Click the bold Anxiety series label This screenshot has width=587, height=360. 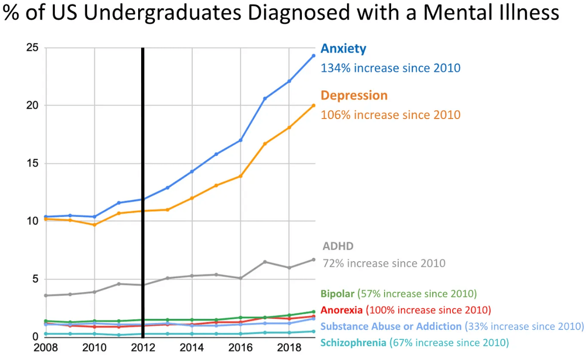click(343, 49)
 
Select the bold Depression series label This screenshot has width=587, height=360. click(354, 96)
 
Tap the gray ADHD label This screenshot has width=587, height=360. click(338, 246)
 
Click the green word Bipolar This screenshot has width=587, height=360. click(337, 294)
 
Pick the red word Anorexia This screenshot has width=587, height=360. click(342, 310)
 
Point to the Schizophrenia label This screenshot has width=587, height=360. click(353, 342)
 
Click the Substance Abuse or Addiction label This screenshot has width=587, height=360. click(391, 326)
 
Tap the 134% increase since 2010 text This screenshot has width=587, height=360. click(391, 68)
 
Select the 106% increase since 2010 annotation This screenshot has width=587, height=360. click(391, 115)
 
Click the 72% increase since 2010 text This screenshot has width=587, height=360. click(384, 264)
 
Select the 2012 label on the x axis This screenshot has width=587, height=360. click(143, 348)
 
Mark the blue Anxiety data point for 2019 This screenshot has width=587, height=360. click(314, 55)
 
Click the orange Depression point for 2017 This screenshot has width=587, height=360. click(265, 144)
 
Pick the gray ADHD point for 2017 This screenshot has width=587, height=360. click(265, 262)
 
